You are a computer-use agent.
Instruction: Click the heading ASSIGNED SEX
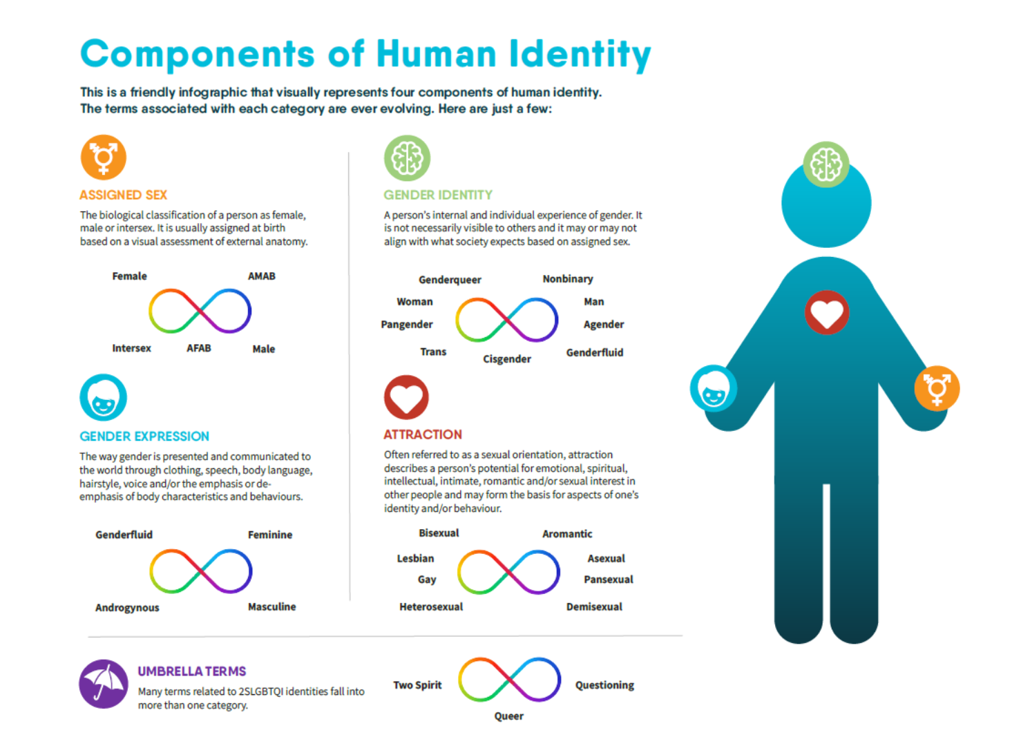[124, 195]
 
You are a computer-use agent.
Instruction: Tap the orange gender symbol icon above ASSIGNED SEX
[104, 157]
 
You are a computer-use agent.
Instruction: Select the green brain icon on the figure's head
[826, 164]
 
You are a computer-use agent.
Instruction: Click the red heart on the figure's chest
[826, 313]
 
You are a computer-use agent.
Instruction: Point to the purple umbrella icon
[104, 684]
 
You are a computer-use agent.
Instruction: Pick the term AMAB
[262, 276]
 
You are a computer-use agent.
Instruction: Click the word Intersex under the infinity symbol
[131, 348]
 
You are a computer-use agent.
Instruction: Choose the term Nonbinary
[567, 279]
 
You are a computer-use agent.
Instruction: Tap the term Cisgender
[507, 359]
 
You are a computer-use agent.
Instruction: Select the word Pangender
[407, 325]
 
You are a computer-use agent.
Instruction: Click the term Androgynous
[127, 608]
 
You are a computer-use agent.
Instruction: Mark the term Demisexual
[594, 607]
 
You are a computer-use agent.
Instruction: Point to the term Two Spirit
[417, 685]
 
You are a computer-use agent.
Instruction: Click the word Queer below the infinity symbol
[508, 716]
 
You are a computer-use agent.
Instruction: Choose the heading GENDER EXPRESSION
[144, 437]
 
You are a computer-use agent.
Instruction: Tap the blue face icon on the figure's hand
[714, 388]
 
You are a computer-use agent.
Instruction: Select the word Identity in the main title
[580, 55]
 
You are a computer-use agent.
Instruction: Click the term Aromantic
[567, 534]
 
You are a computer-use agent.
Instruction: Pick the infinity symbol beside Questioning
[509, 680]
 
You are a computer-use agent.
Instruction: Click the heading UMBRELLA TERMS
[192, 671]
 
